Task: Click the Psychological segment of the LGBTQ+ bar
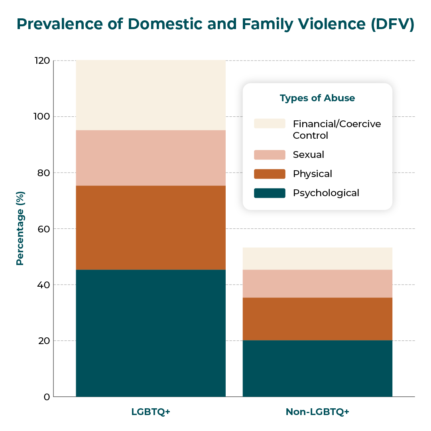(151, 333)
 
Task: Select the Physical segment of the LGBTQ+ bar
(151, 228)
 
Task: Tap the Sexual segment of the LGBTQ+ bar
(151, 158)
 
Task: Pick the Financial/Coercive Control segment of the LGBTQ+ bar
(151, 95)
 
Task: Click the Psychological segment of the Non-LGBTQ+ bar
(317, 368)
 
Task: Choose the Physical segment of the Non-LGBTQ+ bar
(317, 319)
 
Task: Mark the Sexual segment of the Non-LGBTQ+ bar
(317, 283)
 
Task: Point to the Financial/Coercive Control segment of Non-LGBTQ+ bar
(317, 259)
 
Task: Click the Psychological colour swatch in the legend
(270, 193)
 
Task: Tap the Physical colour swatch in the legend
(270, 174)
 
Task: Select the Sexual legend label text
(309, 155)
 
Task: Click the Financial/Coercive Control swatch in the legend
(270, 124)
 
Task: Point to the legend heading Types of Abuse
(317, 98)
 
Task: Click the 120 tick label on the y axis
(42, 61)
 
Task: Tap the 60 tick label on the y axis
(44, 229)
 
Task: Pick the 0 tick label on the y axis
(47, 397)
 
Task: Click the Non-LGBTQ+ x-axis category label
(317, 412)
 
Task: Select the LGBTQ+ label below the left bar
(151, 412)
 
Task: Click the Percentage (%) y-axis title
(20, 228)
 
